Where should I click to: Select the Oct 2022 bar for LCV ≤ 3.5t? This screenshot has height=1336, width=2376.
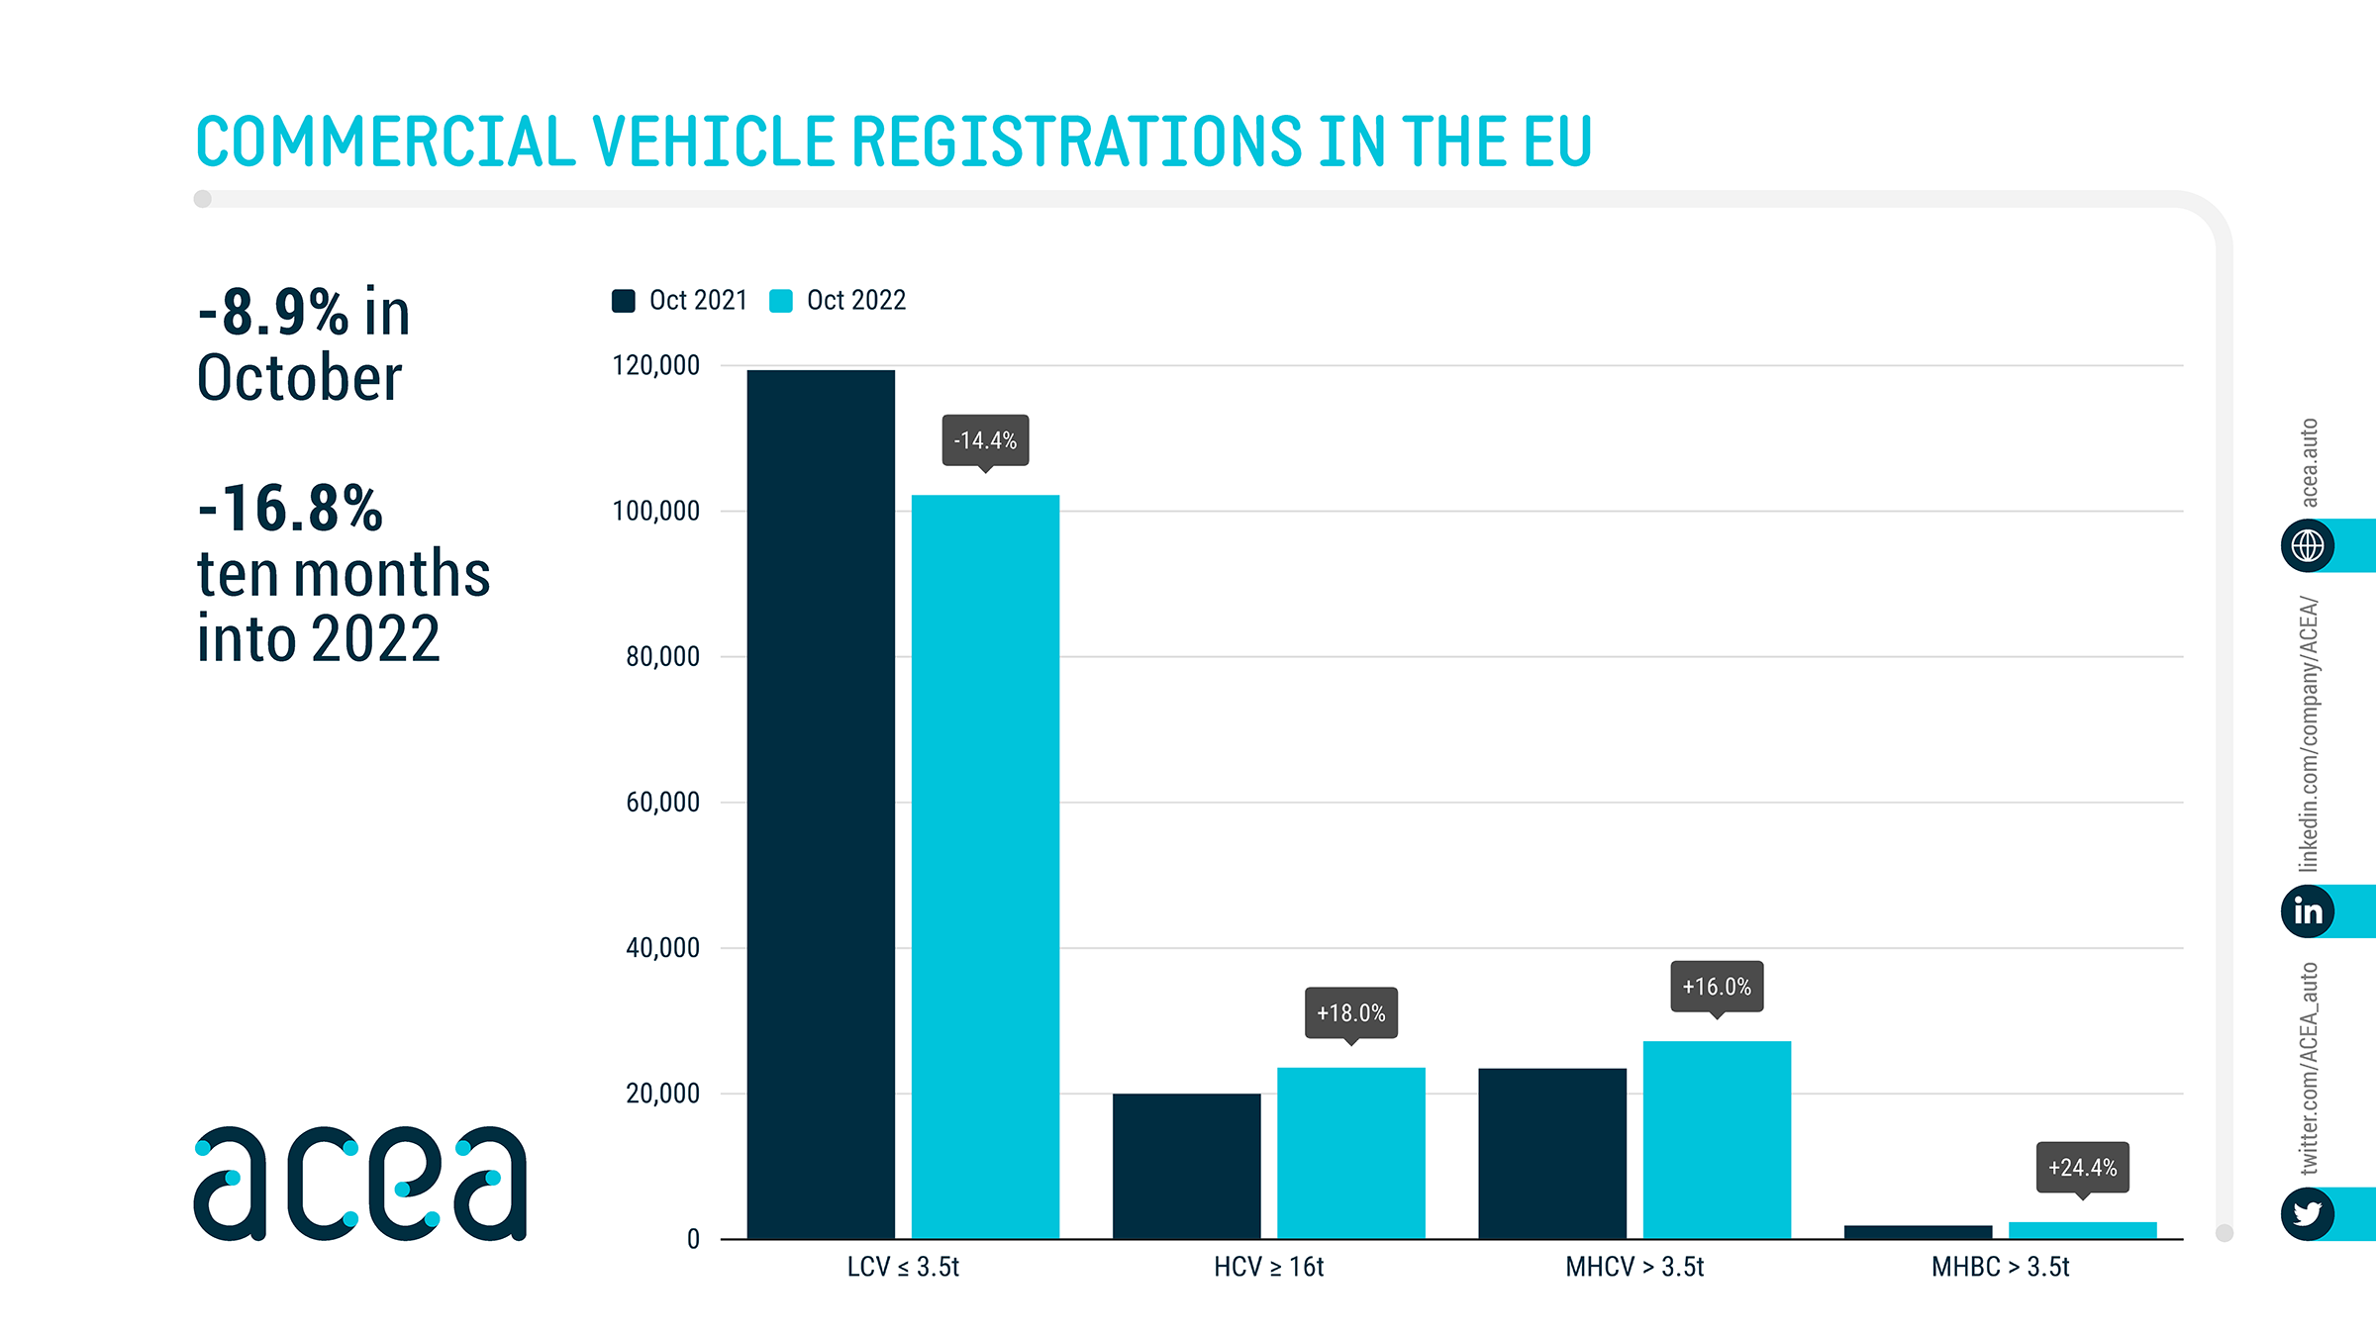[985, 866]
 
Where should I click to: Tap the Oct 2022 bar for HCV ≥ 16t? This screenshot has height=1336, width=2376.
[1350, 1153]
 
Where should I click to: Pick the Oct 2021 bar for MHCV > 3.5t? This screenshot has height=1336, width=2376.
[1552, 1153]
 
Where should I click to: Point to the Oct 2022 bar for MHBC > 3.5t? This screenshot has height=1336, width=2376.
[2082, 1230]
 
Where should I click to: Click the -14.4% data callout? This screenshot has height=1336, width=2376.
[985, 440]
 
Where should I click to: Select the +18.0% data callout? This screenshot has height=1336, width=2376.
[1350, 1012]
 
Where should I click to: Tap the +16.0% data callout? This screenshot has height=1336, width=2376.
[1717, 986]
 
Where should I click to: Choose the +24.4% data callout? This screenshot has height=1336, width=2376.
[2082, 1168]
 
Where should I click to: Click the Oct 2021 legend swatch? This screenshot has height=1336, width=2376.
[624, 301]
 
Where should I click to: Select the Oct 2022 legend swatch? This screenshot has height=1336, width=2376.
[781, 301]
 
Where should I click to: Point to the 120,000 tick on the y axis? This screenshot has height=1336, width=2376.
[655, 365]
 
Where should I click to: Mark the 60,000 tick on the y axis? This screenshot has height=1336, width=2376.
[662, 802]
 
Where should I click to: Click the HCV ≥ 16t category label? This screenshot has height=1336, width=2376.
[1268, 1267]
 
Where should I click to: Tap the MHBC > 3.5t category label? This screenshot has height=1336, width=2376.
[2000, 1267]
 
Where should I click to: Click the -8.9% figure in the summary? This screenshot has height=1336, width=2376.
[273, 313]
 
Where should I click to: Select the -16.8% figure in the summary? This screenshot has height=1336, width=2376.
[290, 509]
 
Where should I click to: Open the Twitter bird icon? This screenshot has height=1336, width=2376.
[2308, 1213]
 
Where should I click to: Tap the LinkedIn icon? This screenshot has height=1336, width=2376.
[2308, 910]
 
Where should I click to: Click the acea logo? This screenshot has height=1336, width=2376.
[360, 1183]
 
